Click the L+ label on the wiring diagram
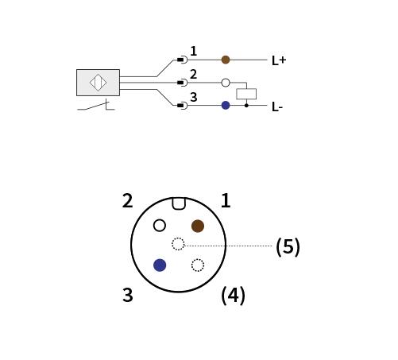point(279,60)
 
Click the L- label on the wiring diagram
point(277,107)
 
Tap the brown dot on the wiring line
point(226,60)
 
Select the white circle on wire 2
point(226,83)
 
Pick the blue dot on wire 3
point(226,106)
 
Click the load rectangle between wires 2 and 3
point(246,94)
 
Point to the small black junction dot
point(246,106)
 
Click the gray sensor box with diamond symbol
point(98,83)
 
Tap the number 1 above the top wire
point(194,51)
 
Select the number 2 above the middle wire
point(194,74)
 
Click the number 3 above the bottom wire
point(194,97)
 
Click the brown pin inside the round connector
point(198,226)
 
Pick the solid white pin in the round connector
point(160,226)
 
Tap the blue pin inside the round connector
point(160,265)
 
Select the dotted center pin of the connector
point(178,244)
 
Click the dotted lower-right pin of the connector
point(198,265)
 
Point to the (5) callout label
point(288,247)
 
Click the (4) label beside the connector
point(233,296)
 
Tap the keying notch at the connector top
point(179,203)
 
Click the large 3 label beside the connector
point(128,295)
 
